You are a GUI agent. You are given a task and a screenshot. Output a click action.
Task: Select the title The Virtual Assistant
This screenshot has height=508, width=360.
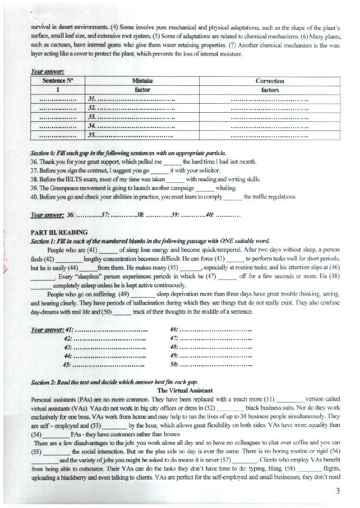tap(185, 391)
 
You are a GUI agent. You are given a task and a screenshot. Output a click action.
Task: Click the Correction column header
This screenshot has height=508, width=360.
tap(270, 81)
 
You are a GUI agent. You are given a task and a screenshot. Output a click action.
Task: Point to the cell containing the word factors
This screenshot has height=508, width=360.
tap(270, 90)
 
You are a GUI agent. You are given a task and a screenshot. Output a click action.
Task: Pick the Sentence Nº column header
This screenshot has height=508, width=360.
tap(58, 81)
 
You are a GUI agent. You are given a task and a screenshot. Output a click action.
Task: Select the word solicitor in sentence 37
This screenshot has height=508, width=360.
tap(207, 170)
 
